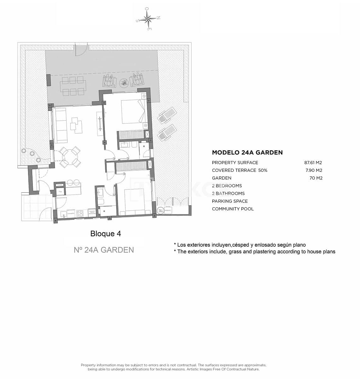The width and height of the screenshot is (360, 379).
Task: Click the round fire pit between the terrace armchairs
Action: click(123, 82)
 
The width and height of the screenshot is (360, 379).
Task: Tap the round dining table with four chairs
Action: click(69, 156)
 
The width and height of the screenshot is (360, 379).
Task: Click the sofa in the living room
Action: click(60, 124)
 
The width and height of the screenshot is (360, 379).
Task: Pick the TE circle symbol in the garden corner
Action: click(160, 210)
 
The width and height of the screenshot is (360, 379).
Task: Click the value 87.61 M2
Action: click(313, 163)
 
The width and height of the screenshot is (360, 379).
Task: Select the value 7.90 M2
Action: click(314, 170)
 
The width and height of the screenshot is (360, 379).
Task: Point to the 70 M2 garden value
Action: click(316, 178)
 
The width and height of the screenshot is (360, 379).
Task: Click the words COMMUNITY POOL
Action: click(233, 209)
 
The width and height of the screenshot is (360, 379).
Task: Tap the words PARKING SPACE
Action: click(230, 201)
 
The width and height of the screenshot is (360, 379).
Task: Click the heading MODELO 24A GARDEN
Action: click(247, 153)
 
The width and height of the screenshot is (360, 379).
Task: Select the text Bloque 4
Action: click(105, 234)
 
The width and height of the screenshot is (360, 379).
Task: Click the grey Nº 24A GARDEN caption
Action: click(104, 250)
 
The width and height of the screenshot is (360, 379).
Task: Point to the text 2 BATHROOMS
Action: click(228, 193)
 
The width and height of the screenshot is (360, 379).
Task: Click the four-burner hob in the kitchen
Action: click(80, 214)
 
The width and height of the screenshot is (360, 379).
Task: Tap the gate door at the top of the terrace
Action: click(81, 50)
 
